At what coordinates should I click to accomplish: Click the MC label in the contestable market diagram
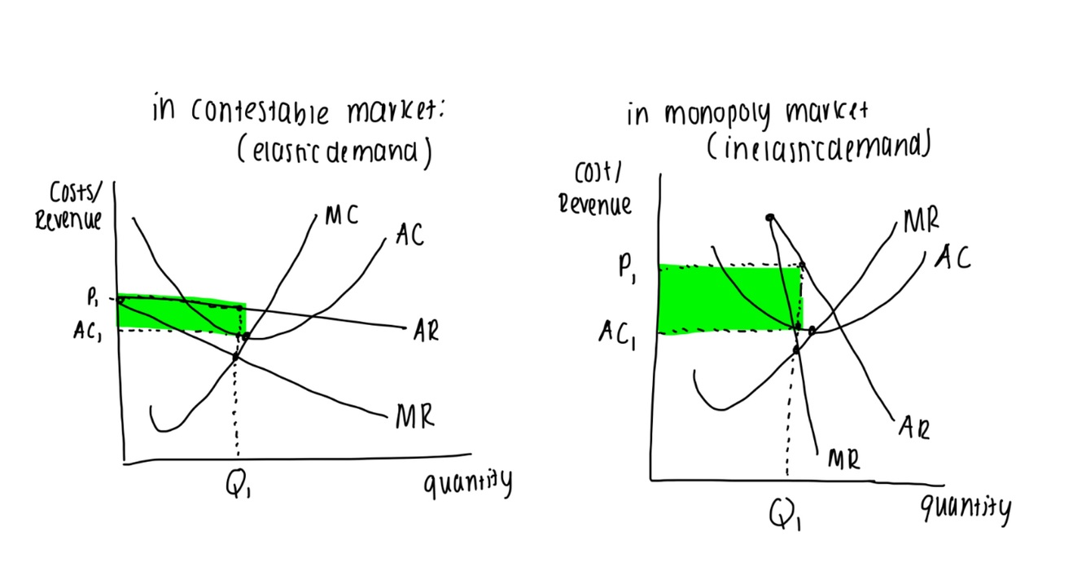click(x=341, y=215)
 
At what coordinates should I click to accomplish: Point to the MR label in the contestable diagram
click(x=414, y=418)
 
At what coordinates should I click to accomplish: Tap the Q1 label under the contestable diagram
click(x=237, y=486)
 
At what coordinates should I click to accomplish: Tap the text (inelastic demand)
click(x=819, y=147)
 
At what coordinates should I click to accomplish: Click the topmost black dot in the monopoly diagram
click(x=769, y=218)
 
